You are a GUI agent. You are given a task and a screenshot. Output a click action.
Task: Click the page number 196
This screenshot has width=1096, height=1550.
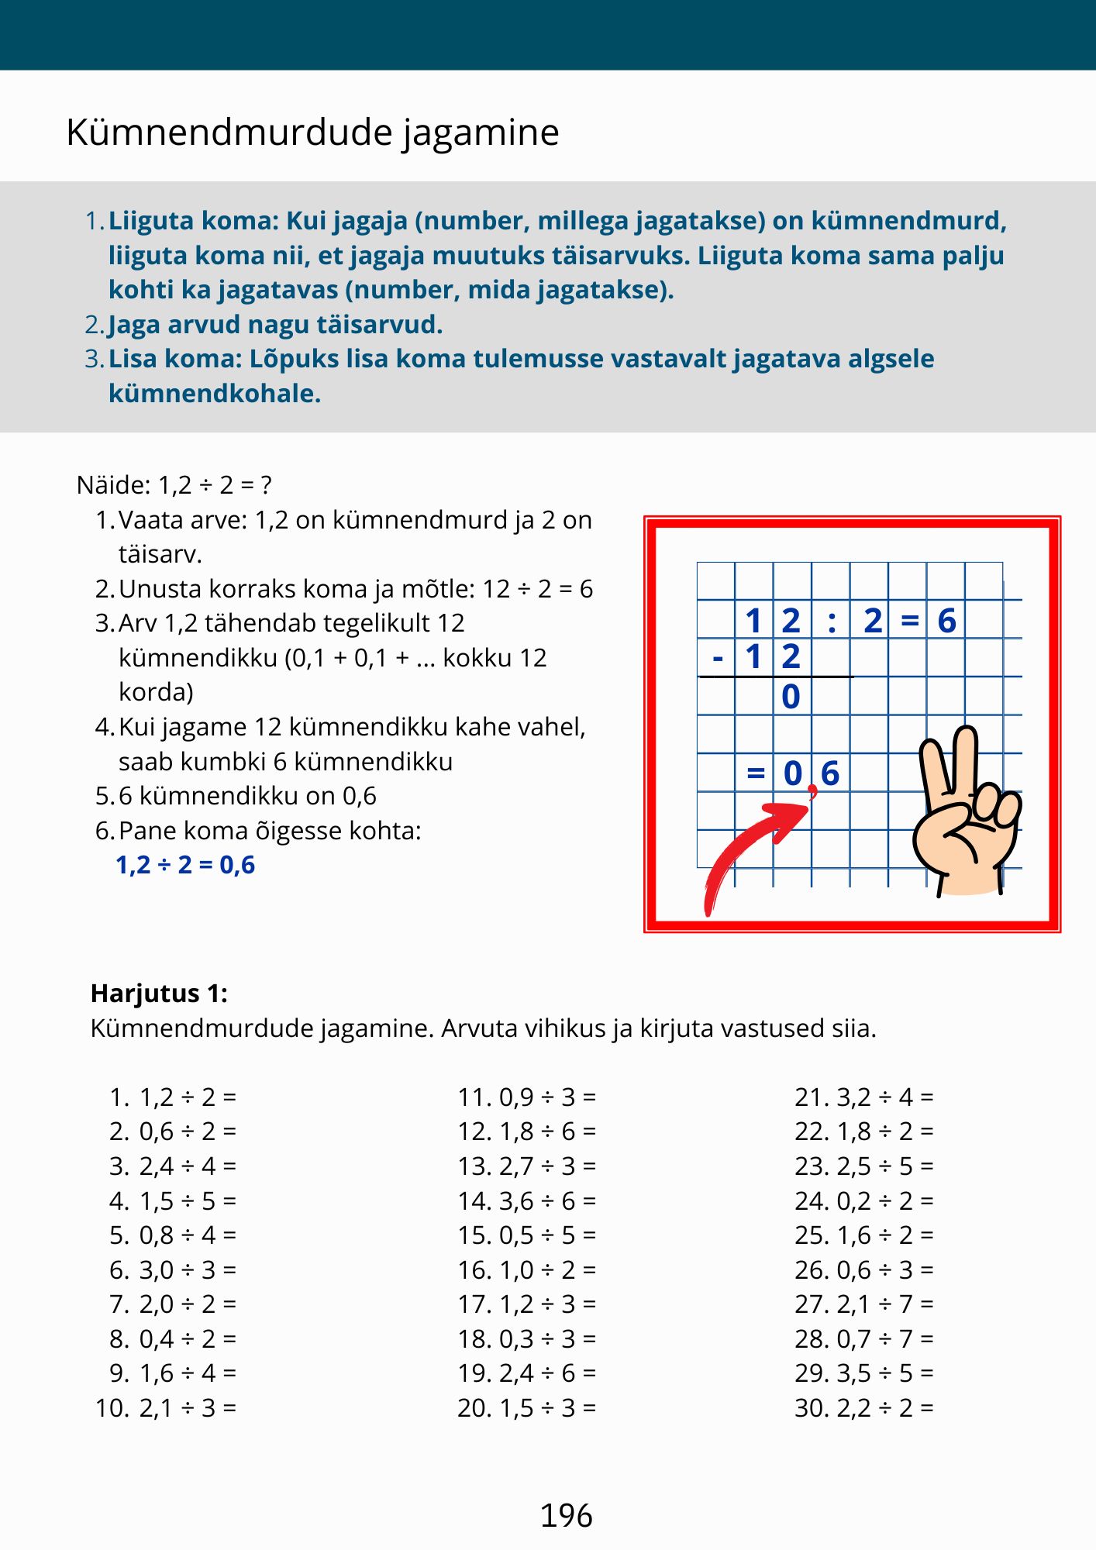(566, 1516)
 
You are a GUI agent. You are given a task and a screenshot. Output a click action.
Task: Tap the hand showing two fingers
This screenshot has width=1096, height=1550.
(967, 815)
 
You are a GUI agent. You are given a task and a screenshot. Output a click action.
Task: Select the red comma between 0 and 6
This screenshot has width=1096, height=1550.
(812, 791)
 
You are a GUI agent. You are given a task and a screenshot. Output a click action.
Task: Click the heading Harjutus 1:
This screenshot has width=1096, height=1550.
(159, 994)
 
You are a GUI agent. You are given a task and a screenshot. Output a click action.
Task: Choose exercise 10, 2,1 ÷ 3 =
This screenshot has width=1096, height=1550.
(167, 1408)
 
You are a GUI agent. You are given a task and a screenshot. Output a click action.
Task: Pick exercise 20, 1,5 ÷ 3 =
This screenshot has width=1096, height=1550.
(526, 1408)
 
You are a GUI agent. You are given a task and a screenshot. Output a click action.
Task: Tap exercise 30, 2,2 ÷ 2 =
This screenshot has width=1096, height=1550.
(863, 1408)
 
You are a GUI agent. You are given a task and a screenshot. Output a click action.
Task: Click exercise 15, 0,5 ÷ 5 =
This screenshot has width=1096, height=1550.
(526, 1235)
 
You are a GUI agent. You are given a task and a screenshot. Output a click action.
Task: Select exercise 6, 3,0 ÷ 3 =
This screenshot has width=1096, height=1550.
(173, 1270)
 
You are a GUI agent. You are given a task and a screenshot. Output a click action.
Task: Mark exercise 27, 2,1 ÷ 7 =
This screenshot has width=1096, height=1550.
(863, 1304)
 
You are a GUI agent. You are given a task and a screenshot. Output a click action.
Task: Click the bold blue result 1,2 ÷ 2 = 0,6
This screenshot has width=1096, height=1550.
(185, 865)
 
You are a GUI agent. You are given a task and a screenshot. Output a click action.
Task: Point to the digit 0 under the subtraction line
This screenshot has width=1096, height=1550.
(791, 697)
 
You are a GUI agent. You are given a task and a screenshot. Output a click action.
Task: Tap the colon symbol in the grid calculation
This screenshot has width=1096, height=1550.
(832, 622)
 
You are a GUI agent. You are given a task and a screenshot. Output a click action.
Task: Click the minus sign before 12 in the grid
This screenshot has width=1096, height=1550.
(718, 659)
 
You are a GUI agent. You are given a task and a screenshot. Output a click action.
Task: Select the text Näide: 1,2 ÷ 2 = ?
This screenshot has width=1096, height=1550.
(174, 485)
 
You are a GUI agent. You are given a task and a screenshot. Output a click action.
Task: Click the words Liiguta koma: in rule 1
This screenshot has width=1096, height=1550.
(193, 221)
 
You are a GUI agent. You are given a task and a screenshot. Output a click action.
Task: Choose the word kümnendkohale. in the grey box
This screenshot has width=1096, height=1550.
(215, 394)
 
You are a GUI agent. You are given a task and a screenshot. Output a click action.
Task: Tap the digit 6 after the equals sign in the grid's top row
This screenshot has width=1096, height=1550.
(946, 621)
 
